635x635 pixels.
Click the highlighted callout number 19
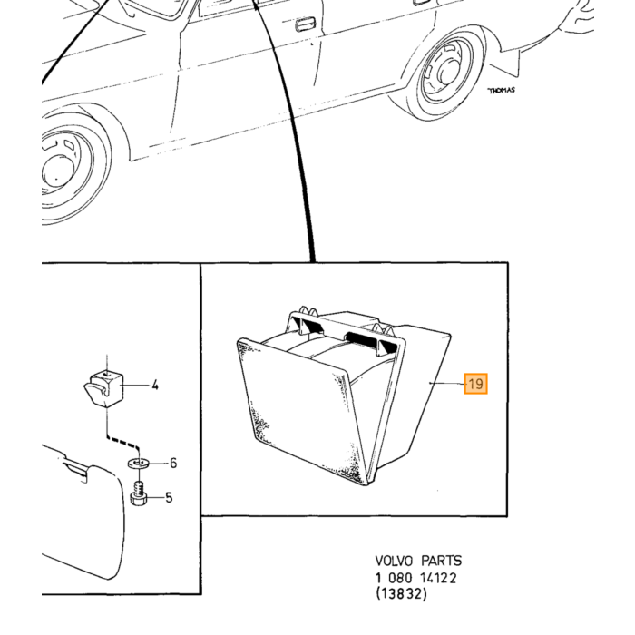point(476,383)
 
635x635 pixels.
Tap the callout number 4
point(155,386)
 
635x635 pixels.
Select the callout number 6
point(173,463)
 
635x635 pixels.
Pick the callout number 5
point(169,497)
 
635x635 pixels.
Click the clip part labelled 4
point(103,388)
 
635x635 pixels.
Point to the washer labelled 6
point(139,463)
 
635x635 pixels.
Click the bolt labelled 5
point(139,493)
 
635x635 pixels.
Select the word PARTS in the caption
point(442,561)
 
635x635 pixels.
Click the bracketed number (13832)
point(401,594)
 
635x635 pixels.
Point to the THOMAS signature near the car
point(502,91)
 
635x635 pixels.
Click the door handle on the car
point(307,24)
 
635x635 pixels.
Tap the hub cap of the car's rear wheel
point(446,72)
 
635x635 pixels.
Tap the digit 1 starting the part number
point(378,578)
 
